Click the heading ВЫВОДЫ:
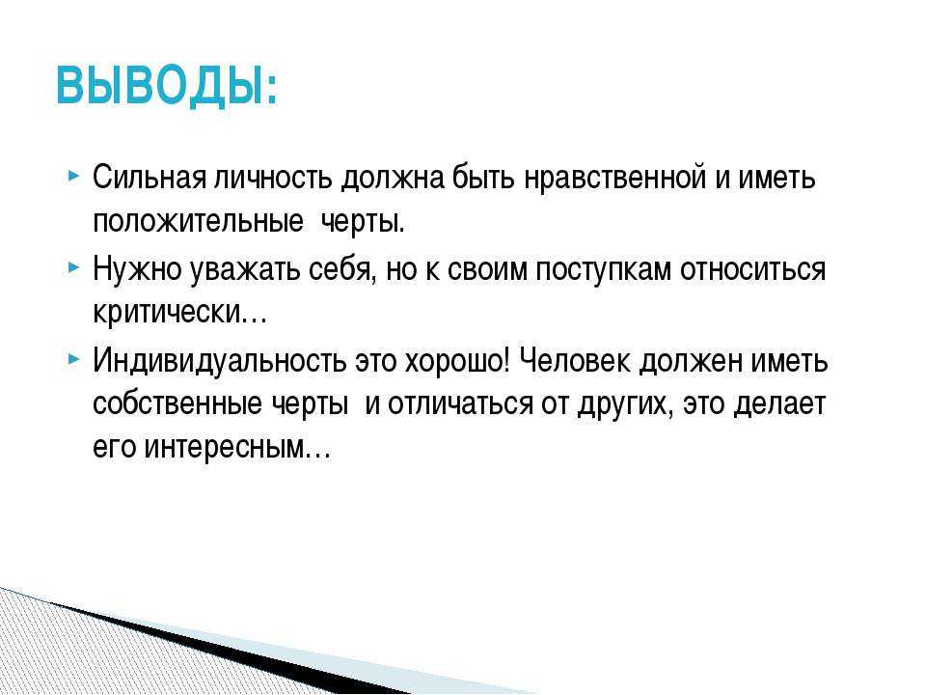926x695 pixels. (167, 86)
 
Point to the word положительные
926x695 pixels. (199, 222)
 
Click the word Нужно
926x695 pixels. (137, 269)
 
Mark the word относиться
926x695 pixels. (753, 269)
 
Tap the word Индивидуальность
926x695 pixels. (220, 360)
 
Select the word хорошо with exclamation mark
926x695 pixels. (456, 360)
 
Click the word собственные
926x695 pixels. (177, 403)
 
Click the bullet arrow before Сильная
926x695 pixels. (73, 176)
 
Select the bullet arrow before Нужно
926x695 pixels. (73, 267)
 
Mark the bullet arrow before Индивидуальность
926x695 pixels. (73, 359)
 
